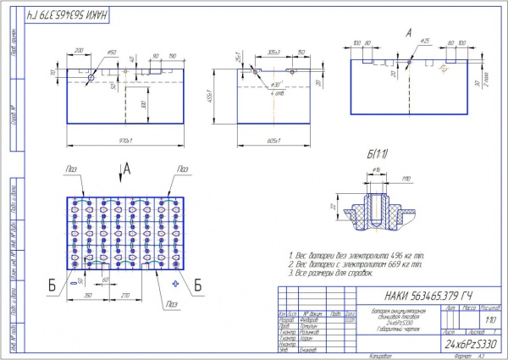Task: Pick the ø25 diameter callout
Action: [425, 41]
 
